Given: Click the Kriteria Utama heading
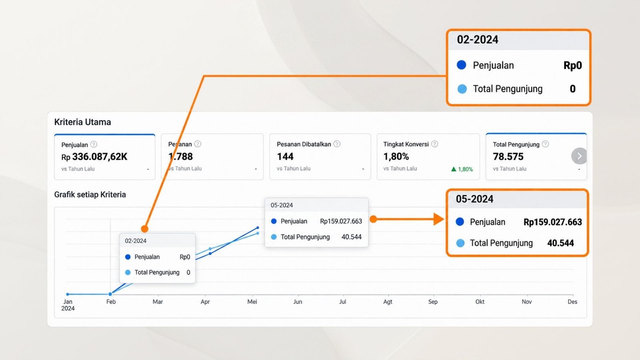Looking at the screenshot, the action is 82,122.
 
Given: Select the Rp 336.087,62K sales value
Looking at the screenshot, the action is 94,156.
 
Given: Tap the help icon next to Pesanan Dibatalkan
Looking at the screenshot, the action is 337,144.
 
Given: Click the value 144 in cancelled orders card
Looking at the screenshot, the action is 285,156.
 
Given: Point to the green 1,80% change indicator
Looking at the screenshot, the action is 462,169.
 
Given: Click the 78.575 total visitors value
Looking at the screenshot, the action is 508,156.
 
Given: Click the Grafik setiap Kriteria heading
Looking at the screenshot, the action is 90,194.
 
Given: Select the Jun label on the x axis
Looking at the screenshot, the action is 298,302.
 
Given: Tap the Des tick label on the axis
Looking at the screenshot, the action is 572,302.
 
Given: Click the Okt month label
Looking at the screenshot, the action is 480,302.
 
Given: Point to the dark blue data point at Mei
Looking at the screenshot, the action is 258,228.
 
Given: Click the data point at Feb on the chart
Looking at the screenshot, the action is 110,294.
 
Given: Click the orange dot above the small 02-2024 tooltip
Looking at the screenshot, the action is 144,229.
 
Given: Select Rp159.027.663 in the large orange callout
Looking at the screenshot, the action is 552,222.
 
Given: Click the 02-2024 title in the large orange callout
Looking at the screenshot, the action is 478,40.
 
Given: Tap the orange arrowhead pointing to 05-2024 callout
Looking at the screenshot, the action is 438,219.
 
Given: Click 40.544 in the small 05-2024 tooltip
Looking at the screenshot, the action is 352,237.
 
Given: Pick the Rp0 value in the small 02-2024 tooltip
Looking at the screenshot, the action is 185,257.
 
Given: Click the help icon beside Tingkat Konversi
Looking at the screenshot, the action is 434,144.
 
